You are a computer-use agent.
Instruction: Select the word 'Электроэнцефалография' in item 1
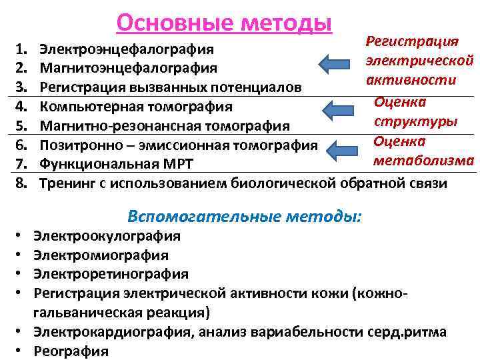click(x=127, y=49)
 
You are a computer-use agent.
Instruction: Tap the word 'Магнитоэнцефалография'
click(x=128, y=68)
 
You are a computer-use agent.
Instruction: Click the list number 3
click(x=20, y=87)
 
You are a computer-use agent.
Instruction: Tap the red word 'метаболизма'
click(x=423, y=161)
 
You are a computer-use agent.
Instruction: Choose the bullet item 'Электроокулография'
click(x=107, y=236)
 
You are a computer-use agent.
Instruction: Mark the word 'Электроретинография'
click(x=111, y=274)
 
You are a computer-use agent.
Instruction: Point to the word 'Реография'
click(x=71, y=351)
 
